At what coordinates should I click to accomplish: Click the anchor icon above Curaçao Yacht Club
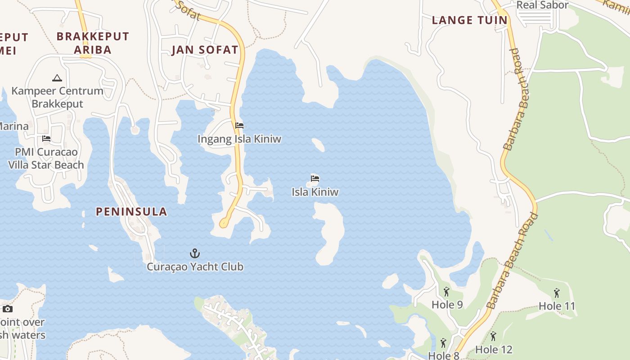(x=195, y=253)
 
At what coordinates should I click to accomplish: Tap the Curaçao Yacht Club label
(x=195, y=267)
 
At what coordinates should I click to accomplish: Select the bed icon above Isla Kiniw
(x=315, y=179)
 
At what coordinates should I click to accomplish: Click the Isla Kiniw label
(x=315, y=192)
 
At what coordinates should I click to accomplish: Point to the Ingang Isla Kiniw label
(x=239, y=139)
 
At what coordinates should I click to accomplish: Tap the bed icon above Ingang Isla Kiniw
(x=239, y=126)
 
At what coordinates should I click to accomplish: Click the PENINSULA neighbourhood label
(x=131, y=211)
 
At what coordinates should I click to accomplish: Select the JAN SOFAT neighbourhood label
(x=205, y=50)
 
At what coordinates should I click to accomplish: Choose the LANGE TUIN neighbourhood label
(x=469, y=20)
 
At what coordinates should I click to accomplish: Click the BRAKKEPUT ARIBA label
(x=93, y=43)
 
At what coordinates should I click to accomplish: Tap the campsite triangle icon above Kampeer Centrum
(x=57, y=78)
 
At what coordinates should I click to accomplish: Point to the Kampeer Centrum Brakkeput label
(x=57, y=97)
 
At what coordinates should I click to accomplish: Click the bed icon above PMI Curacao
(x=46, y=139)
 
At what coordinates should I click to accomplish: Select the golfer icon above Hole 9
(x=446, y=292)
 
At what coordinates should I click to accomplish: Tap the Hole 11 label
(x=557, y=306)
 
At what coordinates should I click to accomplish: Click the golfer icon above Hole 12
(x=493, y=336)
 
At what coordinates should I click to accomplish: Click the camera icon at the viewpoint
(x=7, y=309)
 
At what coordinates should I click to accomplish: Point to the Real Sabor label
(x=542, y=5)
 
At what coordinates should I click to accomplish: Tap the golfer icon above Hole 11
(x=557, y=293)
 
